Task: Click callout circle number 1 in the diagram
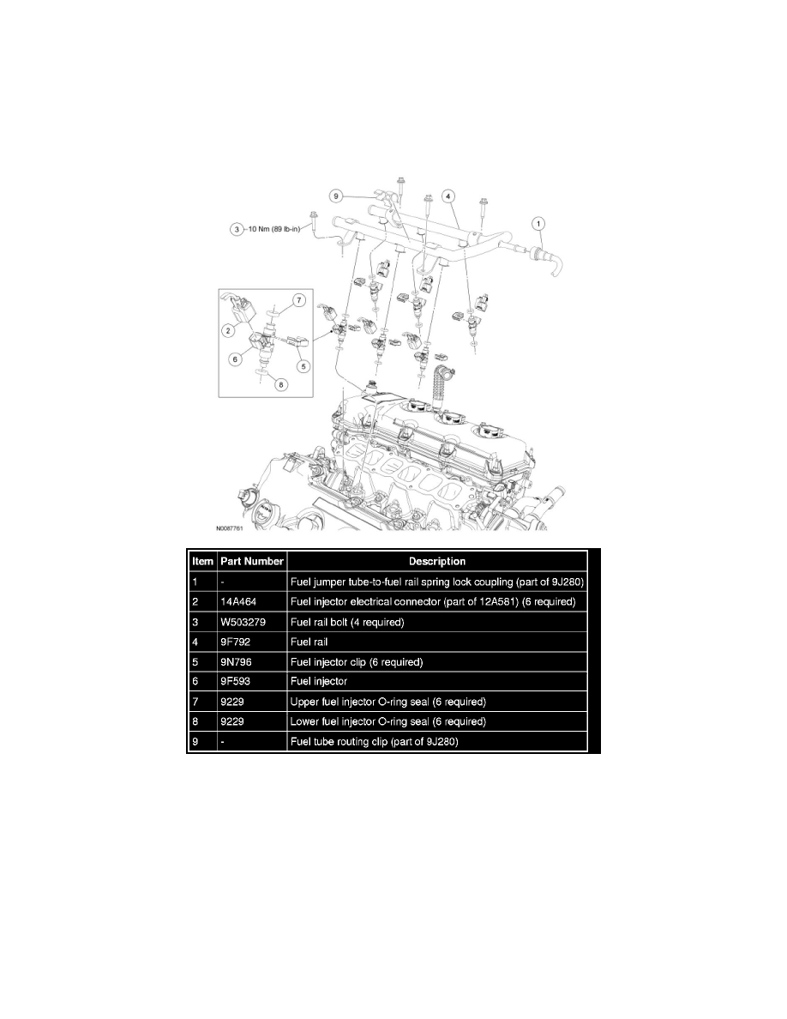pyautogui.click(x=539, y=225)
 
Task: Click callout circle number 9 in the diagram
pyautogui.click(x=337, y=196)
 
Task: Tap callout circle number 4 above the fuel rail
pyautogui.click(x=448, y=196)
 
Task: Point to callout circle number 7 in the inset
pyautogui.click(x=298, y=300)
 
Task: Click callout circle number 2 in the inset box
pyautogui.click(x=229, y=329)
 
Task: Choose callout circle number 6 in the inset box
pyautogui.click(x=233, y=360)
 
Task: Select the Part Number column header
pyautogui.click(x=251, y=561)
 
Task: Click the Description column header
pyautogui.click(x=436, y=561)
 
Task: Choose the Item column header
pyautogui.click(x=202, y=561)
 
